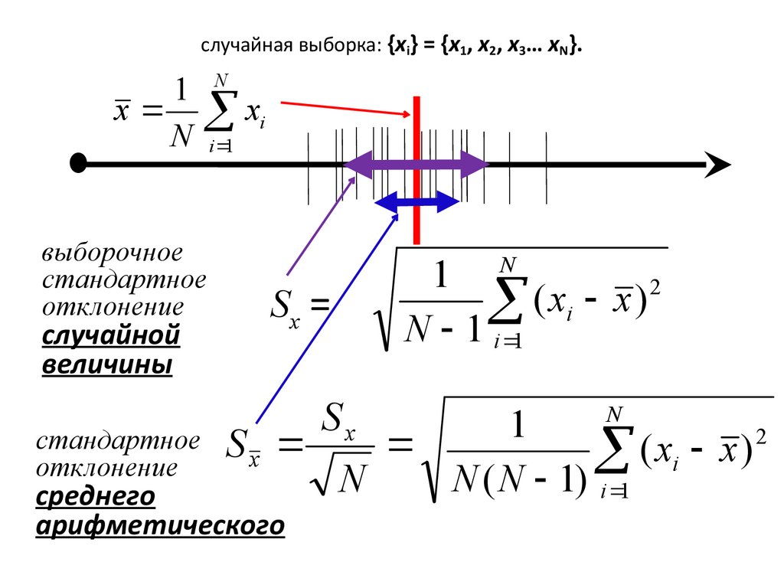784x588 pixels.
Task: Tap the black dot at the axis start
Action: click(77, 164)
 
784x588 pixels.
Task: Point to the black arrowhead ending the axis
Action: click(718, 164)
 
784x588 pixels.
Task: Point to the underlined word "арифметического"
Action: click(160, 527)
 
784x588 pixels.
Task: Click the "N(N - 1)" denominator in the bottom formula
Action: click(519, 481)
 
